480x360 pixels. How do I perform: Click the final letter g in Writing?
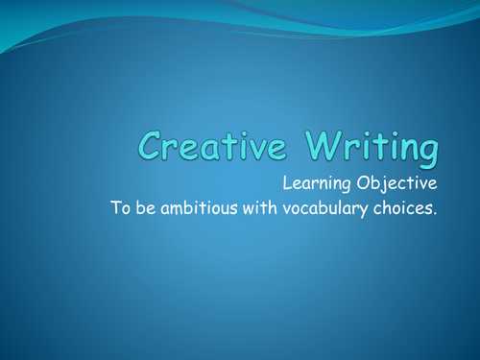[x=428, y=152]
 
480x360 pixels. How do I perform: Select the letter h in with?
[x=279, y=208]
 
